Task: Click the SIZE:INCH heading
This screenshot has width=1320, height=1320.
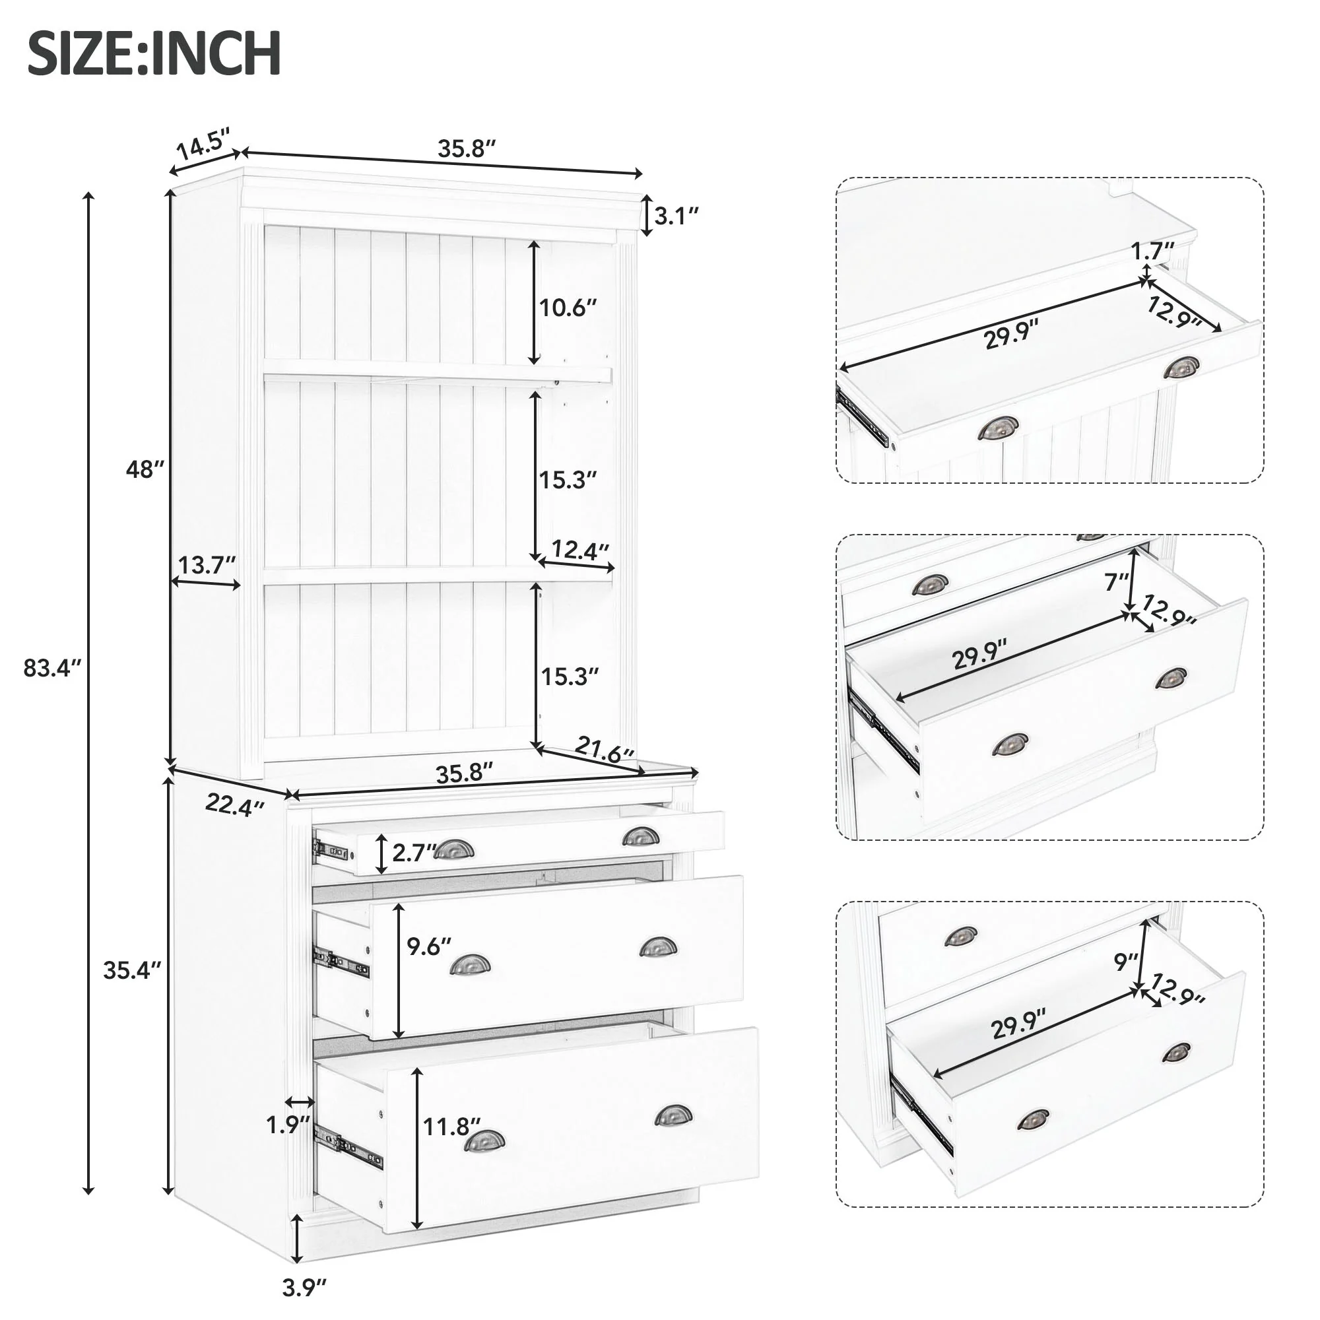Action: coord(154,53)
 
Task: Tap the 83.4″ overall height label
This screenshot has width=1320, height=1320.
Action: coord(53,667)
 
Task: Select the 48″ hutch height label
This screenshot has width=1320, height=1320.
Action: coord(145,469)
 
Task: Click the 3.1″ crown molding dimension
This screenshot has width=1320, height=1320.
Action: coord(676,216)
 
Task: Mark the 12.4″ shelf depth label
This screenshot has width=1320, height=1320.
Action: coord(579,549)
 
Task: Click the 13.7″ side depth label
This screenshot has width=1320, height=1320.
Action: coord(207,565)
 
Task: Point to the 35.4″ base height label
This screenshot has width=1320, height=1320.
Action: coord(133,970)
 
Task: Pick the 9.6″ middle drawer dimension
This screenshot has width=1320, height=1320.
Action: coord(429,946)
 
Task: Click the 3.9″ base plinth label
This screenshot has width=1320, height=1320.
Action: coord(304,1287)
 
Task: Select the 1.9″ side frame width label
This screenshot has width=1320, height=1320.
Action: coord(288,1124)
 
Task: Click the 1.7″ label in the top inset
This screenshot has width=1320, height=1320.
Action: coord(1152,251)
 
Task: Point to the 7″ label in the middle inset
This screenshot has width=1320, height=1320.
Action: coord(1117,581)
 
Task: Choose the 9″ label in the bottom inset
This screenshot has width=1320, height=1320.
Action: coord(1125,962)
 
